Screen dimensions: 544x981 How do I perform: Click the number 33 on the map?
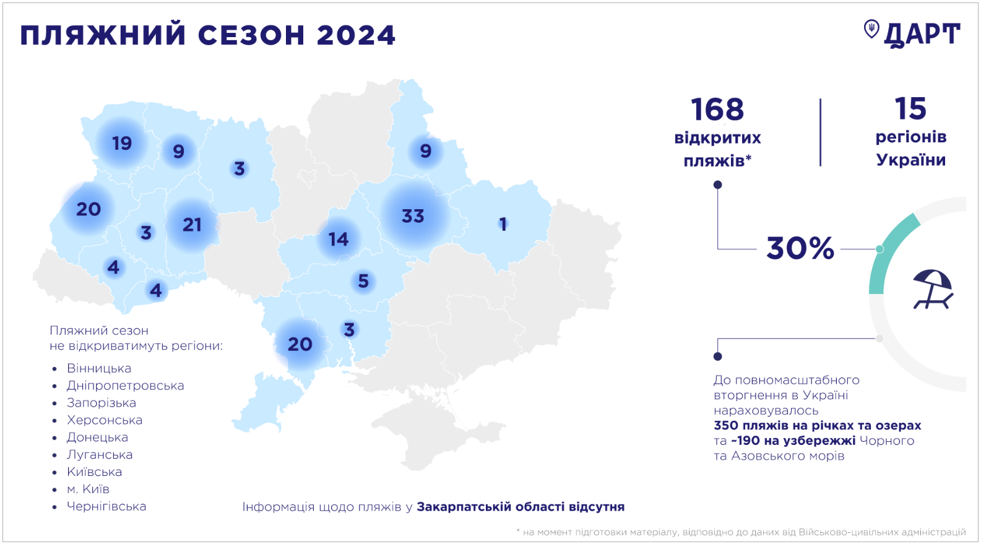coord(413,216)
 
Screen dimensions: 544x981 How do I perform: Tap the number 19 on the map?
coord(122,144)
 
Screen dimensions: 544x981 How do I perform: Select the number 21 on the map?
coord(192,225)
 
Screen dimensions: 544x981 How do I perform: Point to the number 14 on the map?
coord(339,240)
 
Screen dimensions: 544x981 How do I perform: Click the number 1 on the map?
coord(503,224)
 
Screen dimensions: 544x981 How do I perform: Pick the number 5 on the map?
coord(363,282)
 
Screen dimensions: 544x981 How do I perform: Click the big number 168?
coord(717,110)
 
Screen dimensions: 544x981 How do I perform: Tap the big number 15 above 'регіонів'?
coord(910,109)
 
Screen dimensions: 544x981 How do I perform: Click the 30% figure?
coord(800,248)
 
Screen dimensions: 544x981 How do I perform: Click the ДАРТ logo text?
coord(922,35)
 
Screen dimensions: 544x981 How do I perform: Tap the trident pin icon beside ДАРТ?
coord(871,29)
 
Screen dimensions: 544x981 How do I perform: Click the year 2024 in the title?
coord(356,35)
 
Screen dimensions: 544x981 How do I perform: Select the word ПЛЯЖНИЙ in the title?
coord(103,35)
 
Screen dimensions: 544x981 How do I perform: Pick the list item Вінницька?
coord(99,368)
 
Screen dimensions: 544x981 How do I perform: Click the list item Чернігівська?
coord(106,506)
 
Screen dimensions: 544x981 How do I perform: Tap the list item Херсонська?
coord(105,420)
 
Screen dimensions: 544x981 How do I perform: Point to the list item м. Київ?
coord(88,489)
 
